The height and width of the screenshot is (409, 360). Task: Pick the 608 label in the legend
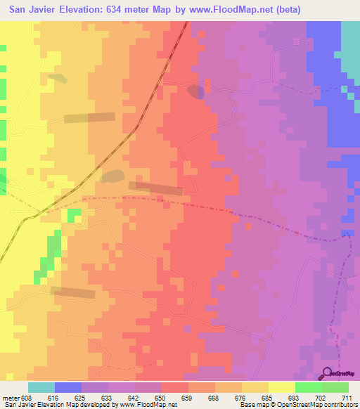pyautogui.click(x=27, y=397)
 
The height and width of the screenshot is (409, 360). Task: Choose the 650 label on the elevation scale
pyautogui.click(x=162, y=397)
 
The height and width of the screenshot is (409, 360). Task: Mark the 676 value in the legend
pyautogui.click(x=242, y=397)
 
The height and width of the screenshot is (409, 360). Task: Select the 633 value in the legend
pyautogui.click(x=108, y=397)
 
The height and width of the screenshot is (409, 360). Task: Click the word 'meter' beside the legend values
pyautogui.click(x=11, y=397)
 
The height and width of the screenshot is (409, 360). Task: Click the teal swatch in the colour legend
pyautogui.click(x=41, y=387)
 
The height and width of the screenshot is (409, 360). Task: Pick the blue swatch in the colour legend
pyautogui.click(x=68, y=387)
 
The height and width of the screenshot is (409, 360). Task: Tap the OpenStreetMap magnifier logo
pyautogui.click(x=328, y=374)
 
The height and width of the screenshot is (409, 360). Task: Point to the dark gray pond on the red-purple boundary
pyautogui.click(x=195, y=92)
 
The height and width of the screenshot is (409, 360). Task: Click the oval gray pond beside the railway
pyautogui.click(x=112, y=176)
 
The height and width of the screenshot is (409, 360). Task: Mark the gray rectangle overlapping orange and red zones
pyautogui.click(x=156, y=188)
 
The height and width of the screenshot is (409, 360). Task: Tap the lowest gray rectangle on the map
pyautogui.click(x=72, y=292)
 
